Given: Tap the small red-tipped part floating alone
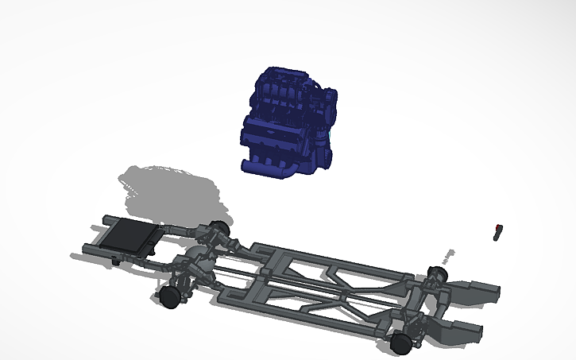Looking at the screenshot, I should (x=499, y=230).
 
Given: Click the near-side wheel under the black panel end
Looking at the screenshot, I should (x=169, y=296).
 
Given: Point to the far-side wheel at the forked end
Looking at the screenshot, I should (x=435, y=276).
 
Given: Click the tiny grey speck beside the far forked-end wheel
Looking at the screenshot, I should (x=450, y=255).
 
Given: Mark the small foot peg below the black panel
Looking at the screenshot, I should (x=116, y=259).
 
